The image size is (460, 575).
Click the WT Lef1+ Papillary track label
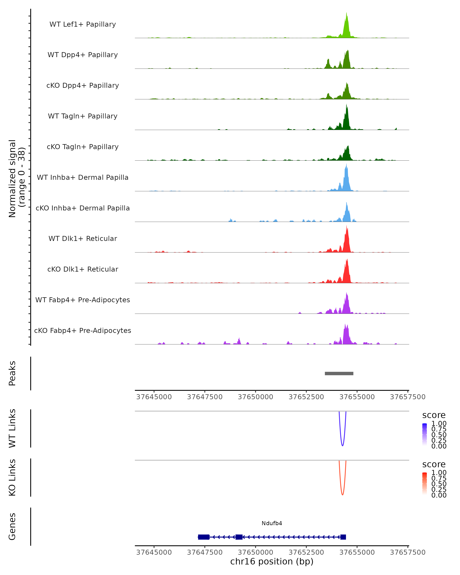(x=83, y=24)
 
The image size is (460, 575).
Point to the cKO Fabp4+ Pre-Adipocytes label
(x=83, y=330)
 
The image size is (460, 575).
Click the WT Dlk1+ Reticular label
(x=83, y=238)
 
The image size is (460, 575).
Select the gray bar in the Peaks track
(x=339, y=373)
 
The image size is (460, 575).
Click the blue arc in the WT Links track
(x=342, y=445)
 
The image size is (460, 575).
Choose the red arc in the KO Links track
(x=342, y=495)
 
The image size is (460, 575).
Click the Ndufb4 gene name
(x=272, y=523)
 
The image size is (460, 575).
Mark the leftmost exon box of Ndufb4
(x=204, y=537)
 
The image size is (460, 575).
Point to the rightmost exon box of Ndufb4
(x=343, y=537)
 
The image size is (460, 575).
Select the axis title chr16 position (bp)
(x=272, y=561)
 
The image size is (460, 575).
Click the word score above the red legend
(x=434, y=464)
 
